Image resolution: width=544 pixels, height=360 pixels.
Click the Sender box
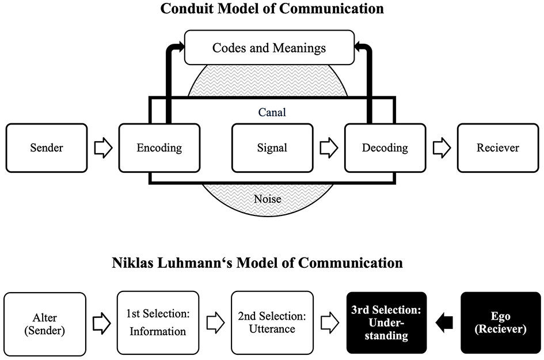(46, 148)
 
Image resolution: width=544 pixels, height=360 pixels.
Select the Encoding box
(159, 148)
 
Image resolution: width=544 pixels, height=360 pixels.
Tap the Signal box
(272, 148)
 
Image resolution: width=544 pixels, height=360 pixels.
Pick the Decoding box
(385, 148)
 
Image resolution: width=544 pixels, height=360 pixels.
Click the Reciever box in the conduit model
(497, 148)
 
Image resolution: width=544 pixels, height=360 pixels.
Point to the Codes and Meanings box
(269, 48)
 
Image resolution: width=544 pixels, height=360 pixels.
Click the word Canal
(272, 113)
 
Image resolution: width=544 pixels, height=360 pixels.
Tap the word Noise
(268, 199)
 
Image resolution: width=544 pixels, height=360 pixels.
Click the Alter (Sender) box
(45, 323)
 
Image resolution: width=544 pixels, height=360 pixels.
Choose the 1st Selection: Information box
(157, 323)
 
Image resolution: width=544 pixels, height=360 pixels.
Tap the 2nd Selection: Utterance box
(271, 323)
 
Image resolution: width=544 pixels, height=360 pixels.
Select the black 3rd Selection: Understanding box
(386, 323)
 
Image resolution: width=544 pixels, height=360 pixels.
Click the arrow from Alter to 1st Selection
(102, 323)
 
